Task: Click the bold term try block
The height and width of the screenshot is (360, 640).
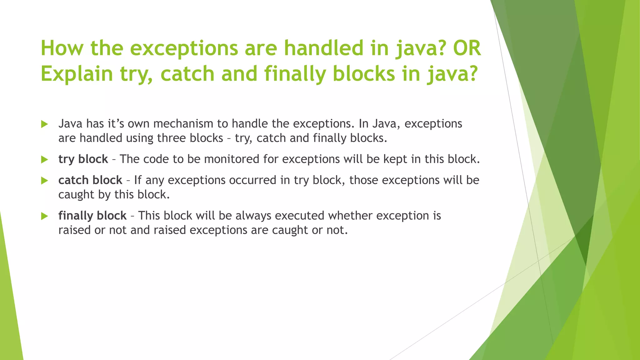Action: tap(83, 159)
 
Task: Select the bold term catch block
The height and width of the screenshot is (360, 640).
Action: tap(90, 180)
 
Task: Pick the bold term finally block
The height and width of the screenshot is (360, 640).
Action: tap(92, 216)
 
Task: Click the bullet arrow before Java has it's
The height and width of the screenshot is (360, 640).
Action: tap(44, 124)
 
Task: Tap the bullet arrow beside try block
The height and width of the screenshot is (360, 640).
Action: tap(44, 160)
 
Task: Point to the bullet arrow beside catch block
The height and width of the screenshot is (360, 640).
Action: tap(44, 181)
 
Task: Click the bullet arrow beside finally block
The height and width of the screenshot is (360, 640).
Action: tap(44, 216)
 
